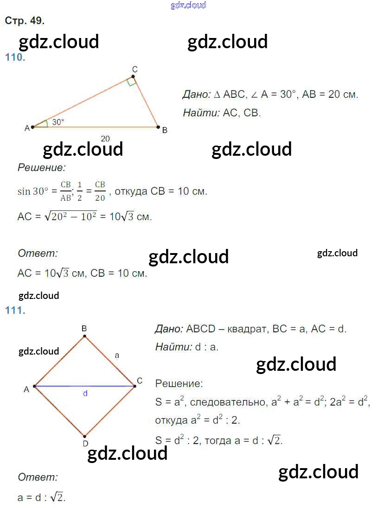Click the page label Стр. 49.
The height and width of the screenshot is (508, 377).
point(25,21)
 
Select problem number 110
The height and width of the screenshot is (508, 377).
point(15,57)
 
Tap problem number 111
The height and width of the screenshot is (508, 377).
point(15,311)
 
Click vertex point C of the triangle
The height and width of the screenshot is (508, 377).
point(133,77)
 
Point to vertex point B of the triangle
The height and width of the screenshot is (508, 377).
point(158,127)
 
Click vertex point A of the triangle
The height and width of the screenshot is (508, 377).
point(33,127)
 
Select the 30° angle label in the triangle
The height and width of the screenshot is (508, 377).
point(58,122)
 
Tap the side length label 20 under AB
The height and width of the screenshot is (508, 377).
point(105,139)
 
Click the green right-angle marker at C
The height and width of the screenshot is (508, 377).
point(131,82)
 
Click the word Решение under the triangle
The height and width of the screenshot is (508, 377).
point(41,167)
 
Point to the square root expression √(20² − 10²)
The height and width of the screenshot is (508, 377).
point(70,216)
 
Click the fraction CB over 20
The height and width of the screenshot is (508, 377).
point(100,191)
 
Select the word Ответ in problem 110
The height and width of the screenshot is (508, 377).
point(38,253)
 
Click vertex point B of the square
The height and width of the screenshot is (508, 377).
point(84,337)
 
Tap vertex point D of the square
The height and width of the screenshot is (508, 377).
point(84,436)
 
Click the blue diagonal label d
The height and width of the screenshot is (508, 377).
point(85,394)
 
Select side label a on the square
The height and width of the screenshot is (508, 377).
point(117,356)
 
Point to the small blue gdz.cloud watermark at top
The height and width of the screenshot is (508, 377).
point(188,5)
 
